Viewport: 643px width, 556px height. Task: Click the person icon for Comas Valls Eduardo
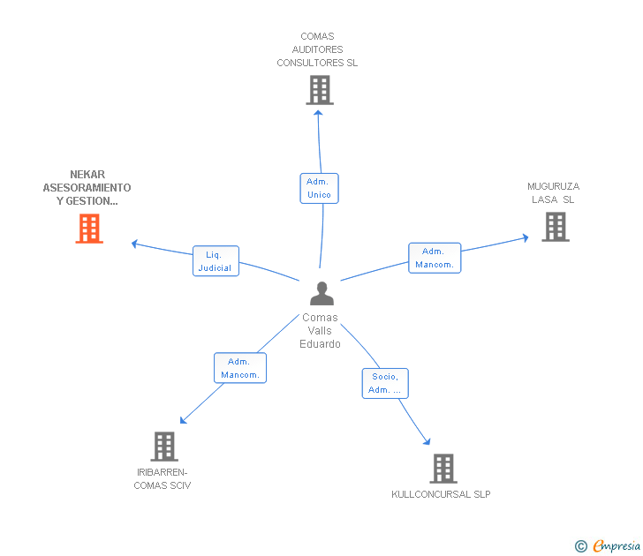[322, 293]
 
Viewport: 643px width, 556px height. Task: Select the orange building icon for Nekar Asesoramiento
[88, 229]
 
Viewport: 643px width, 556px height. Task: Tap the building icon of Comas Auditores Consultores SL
[319, 89]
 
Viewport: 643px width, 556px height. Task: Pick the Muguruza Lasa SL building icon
[555, 227]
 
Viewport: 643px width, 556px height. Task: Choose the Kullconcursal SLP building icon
[443, 469]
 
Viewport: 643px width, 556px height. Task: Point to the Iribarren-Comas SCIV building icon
[164, 447]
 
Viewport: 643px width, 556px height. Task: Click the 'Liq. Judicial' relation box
[216, 260]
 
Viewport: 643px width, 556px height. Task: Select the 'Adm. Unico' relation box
[319, 188]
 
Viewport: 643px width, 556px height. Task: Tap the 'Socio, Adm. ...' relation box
[385, 383]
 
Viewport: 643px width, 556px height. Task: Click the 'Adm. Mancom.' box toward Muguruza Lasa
[435, 258]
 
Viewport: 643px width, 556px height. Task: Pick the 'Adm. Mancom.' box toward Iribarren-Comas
[240, 368]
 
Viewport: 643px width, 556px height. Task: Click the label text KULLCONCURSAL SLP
[441, 494]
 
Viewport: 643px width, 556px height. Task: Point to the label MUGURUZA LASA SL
[553, 192]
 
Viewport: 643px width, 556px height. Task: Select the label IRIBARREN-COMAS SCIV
[162, 478]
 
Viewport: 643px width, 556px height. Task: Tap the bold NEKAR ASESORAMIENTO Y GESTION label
[87, 188]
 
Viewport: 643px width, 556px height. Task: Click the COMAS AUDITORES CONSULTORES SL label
[317, 49]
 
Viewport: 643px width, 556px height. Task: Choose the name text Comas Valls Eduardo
[320, 331]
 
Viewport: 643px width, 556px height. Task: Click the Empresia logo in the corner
[617, 546]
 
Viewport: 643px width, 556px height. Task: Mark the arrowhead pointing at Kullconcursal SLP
[427, 441]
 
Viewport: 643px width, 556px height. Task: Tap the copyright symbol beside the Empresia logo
[580, 547]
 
